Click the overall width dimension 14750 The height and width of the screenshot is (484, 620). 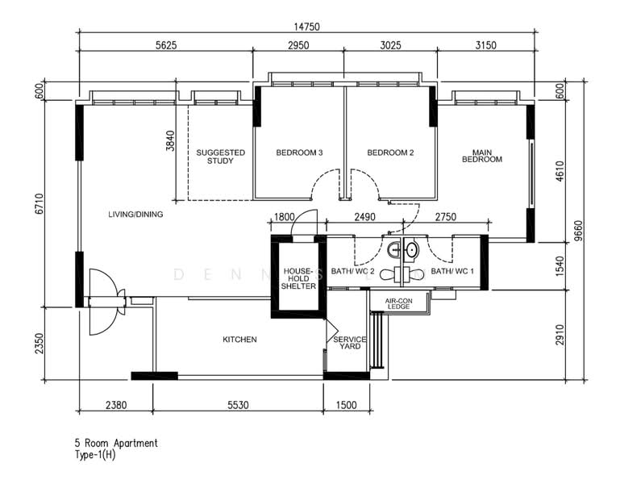[306, 27]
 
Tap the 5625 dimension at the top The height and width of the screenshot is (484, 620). [166, 45]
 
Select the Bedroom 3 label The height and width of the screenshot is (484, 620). [299, 152]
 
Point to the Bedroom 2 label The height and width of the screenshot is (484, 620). [390, 152]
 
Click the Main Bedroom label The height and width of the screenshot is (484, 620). [482, 156]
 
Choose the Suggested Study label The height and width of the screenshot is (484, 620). [221, 156]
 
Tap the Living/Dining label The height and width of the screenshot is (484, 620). [135, 214]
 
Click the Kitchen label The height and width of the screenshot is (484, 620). [239, 339]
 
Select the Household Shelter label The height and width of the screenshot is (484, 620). [298, 278]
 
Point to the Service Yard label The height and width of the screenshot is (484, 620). [350, 343]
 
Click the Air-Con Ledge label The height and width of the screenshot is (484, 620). [398, 304]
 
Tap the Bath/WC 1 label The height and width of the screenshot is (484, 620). [452, 271]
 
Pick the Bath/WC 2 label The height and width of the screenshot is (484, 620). [352, 271]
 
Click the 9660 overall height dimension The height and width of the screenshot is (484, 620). [579, 231]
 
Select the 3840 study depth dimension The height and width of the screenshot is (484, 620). [170, 141]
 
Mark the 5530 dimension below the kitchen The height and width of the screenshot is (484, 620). [238, 405]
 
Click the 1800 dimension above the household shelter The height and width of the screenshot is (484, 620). [285, 217]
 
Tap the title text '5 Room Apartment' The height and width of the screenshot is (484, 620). [116, 443]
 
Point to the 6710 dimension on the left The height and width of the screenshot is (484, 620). [39, 204]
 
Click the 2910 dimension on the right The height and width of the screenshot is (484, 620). [560, 335]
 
